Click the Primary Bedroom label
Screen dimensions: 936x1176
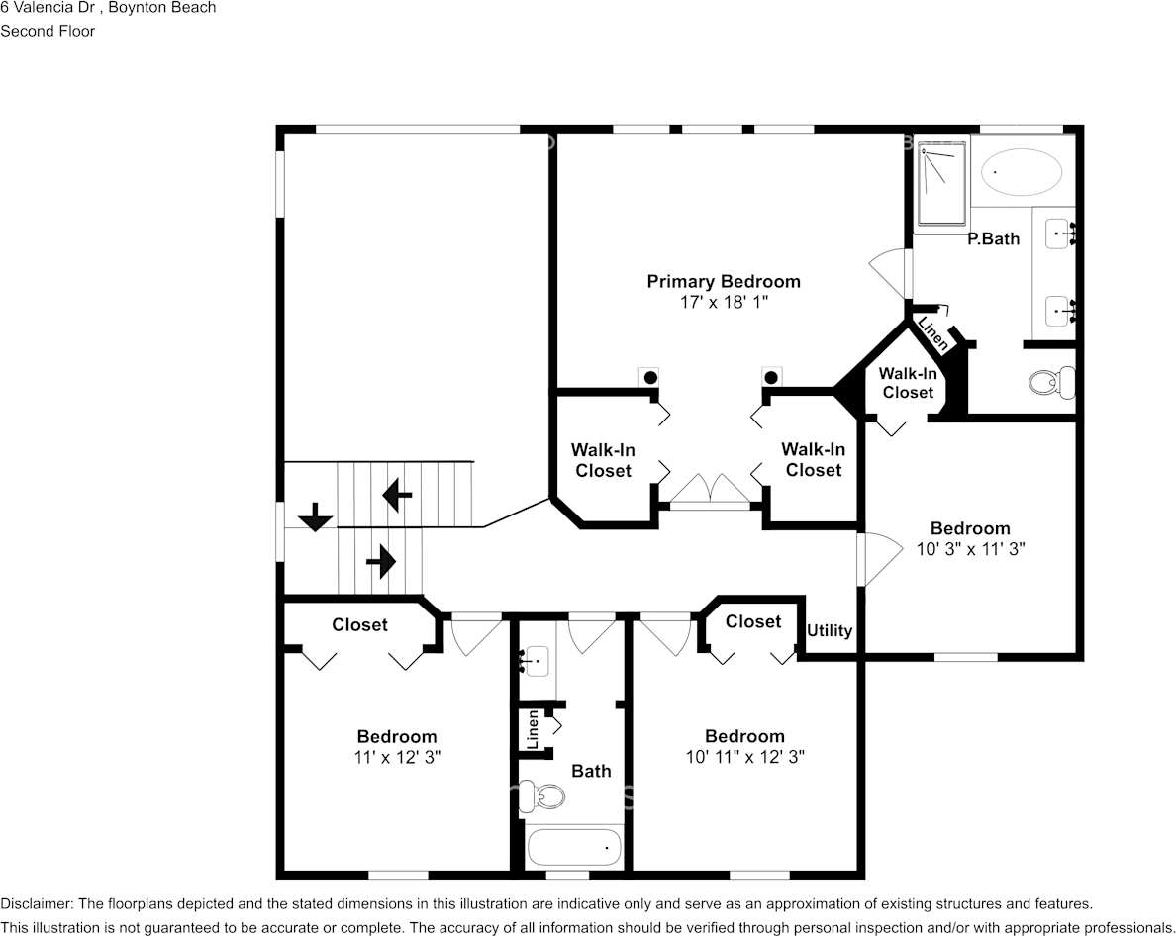pyautogui.click(x=723, y=282)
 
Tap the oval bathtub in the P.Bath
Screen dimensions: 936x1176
pyautogui.click(x=1022, y=173)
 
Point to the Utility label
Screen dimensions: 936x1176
pyautogui.click(x=830, y=631)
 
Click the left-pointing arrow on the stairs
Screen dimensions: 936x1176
pyautogui.click(x=397, y=495)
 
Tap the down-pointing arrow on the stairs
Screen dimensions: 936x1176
pyautogui.click(x=315, y=516)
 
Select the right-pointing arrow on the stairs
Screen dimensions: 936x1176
pyautogui.click(x=381, y=563)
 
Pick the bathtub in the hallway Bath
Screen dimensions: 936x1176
pyautogui.click(x=574, y=848)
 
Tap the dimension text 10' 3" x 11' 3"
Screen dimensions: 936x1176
pyautogui.click(x=969, y=549)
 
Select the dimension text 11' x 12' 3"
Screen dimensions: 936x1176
pyautogui.click(x=397, y=757)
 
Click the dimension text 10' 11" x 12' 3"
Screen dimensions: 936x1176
pyautogui.click(x=743, y=757)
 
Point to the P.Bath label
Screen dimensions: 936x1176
pyautogui.click(x=993, y=238)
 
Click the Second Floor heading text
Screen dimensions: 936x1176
pyautogui.click(x=48, y=31)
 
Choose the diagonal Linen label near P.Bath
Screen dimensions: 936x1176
pyautogui.click(x=933, y=334)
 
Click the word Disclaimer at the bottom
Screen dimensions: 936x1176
pyautogui.click(x=36, y=904)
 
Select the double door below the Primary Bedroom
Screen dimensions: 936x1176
pyautogui.click(x=709, y=490)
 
